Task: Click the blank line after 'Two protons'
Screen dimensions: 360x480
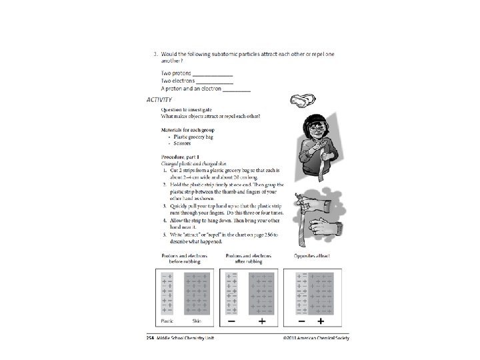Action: pyautogui.click(x=213, y=73)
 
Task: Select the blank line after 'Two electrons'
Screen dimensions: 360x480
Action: pyautogui.click(x=215, y=81)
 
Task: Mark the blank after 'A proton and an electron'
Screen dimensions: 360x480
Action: pyautogui.click(x=237, y=89)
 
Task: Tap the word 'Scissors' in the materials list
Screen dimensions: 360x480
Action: pyautogui.click(x=181, y=143)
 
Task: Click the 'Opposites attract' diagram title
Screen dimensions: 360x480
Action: pyautogui.click(x=311, y=255)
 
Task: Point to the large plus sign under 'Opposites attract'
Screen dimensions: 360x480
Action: pyautogui.click(x=321, y=321)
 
